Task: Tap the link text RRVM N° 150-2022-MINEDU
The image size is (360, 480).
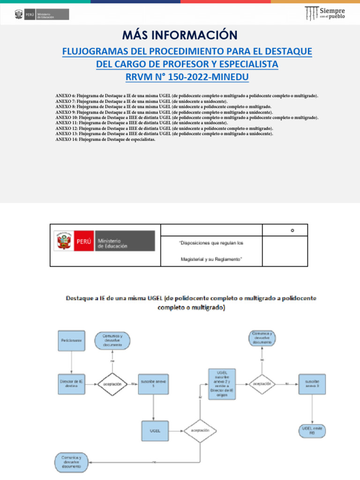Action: [x=187, y=76]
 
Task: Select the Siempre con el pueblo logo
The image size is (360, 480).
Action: [x=325, y=14]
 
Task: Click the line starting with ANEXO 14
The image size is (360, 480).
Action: [x=105, y=139]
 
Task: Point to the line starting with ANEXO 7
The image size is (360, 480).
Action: [x=141, y=101]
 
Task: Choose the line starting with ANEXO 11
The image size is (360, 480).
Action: [x=141, y=123]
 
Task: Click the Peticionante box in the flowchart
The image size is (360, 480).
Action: [x=72, y=341]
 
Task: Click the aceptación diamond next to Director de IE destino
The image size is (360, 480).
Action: [x=112, y=384]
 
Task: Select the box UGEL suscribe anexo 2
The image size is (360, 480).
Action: [x=221, y=384]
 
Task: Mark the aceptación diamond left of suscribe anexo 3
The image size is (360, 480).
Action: [x=262, y=384]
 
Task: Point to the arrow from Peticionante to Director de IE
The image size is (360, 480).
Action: [x=72, y=362]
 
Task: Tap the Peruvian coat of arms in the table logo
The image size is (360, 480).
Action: [x=63, y=241]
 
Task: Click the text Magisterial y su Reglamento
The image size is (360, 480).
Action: [x=211, y=259]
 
